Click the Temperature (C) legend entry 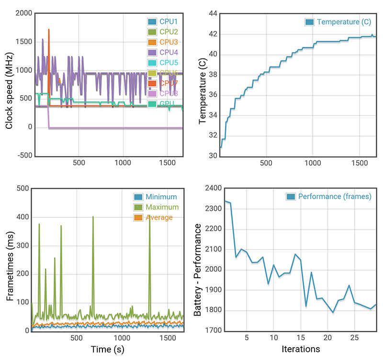(x=338, y=22)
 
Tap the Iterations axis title (x=301, y=348)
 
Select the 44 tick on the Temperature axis (x=213, y=13)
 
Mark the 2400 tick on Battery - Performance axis (x=209, y=188)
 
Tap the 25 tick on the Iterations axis (x=355, y=338)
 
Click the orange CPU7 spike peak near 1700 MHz (x=49, y=29)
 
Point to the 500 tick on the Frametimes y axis (x=22, y=188)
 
